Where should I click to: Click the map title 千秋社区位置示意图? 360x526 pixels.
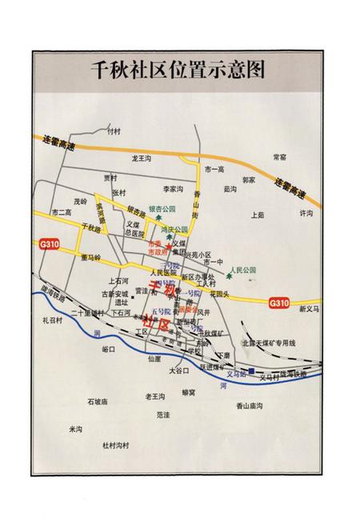(x=179, y=69)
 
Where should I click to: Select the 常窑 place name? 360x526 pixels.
(x=279, y=157)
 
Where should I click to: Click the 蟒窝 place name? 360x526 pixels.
(x=189, y=392)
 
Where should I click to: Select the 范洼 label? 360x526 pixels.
(x=163, y=415)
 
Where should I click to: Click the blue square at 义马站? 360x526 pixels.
(x=251, y=371)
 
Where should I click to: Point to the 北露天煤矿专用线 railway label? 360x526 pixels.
(x=270, y=343)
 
